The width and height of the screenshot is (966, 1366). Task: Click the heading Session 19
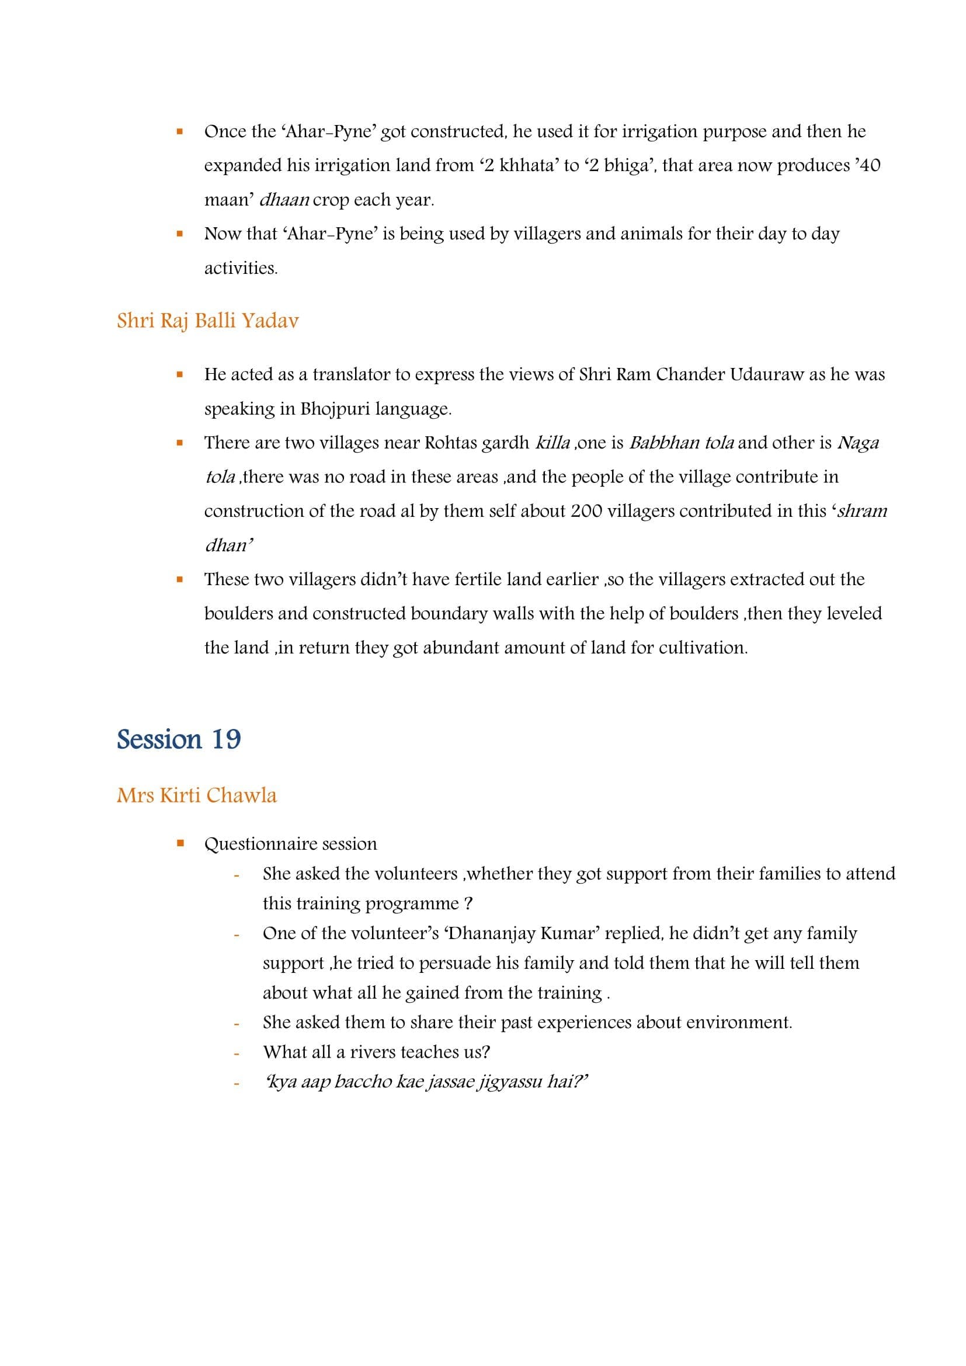[x=179, y=739]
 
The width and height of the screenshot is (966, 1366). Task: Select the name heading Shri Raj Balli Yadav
[x=207, y=321]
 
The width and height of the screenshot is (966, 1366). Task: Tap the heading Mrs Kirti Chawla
[x=197, y=795]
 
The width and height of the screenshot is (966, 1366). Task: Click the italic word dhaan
[x=284, y=200]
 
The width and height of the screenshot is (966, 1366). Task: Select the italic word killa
[x=553, y=443]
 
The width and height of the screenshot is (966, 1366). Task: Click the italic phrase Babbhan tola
[x=681, y=443]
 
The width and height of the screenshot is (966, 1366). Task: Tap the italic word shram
[x=862, y=511]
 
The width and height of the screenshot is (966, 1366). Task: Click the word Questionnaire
[x=259, y=844]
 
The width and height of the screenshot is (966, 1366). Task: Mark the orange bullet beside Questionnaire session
[x=180, y=843]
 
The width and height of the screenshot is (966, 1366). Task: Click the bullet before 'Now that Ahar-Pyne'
[x=180, y=234]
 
